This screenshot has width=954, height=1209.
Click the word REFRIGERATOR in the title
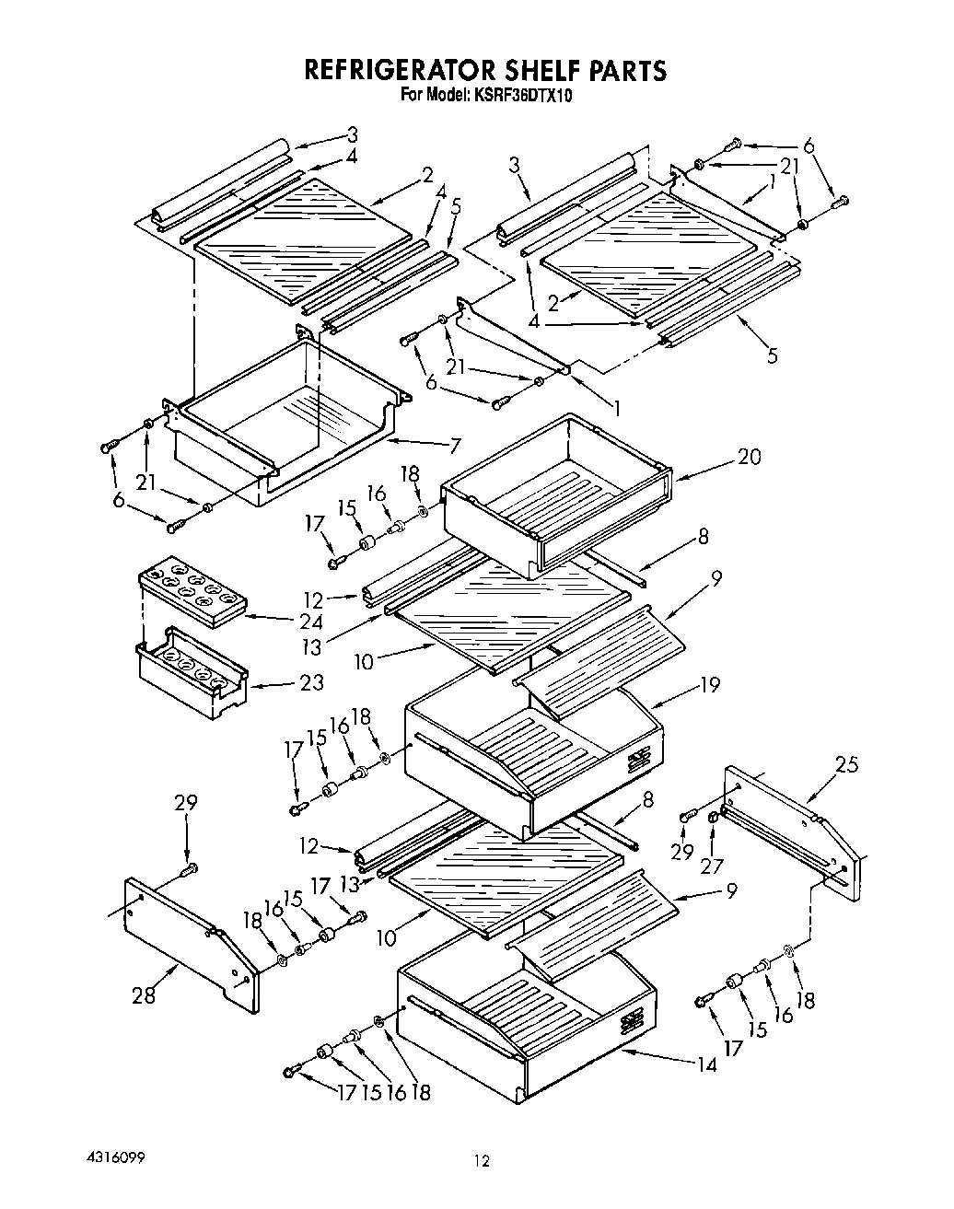[401, 71]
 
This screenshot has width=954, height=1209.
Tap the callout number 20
[749, 457]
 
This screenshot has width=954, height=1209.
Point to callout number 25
[846, 763]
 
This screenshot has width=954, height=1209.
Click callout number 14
[705, 1065]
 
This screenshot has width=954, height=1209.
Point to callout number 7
[454, 447]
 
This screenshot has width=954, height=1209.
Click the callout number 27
[714, 866]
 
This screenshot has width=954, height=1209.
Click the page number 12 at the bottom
[480, 1162]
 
